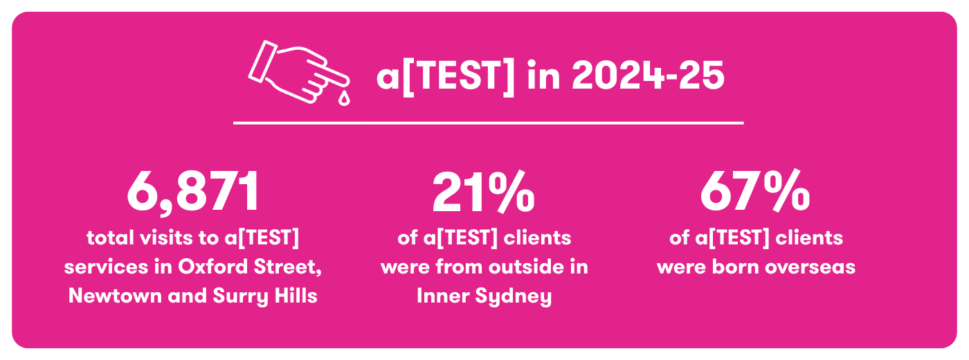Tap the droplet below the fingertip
(x=344, y=98)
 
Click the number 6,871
(x=193, y=192)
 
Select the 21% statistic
(x=484, y=192)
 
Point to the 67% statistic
(x=755, y=192)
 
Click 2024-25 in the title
(x=648, y=75)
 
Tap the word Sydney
(x=514, y=297)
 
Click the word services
(x=107, y=267)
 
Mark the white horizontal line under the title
(x=489, y=123)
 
